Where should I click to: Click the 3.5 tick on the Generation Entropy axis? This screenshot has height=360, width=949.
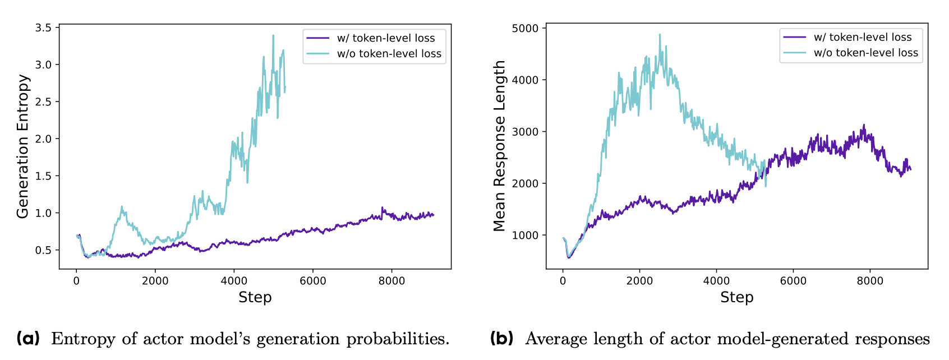[43, 28]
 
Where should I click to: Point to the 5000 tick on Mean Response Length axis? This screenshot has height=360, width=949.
[525, 28]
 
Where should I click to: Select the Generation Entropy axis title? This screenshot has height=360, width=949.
[22, 146]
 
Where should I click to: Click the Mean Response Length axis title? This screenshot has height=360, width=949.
[499, 146]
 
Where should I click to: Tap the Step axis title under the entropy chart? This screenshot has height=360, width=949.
[255, 297]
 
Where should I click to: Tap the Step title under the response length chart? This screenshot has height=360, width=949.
[736, 297]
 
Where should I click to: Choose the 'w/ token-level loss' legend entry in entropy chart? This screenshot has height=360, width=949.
[386, 38]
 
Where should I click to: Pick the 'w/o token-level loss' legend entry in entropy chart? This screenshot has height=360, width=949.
[389, 54]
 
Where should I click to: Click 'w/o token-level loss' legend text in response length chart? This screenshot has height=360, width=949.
[866, 53]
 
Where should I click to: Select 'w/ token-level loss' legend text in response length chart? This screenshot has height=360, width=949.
[863, 37]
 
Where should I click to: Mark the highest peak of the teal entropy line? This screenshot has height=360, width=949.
[273, 35]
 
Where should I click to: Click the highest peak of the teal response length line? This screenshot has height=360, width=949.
[660, 34]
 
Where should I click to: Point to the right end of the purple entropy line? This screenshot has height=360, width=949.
[433, 215]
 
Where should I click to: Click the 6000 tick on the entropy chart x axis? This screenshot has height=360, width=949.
[312, 281]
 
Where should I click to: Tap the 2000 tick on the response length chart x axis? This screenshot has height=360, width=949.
[639, 281]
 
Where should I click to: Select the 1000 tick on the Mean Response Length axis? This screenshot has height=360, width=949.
[525, 236]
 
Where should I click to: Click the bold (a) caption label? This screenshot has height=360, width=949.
[28, 339]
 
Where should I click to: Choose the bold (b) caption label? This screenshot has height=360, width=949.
[501, 339]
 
